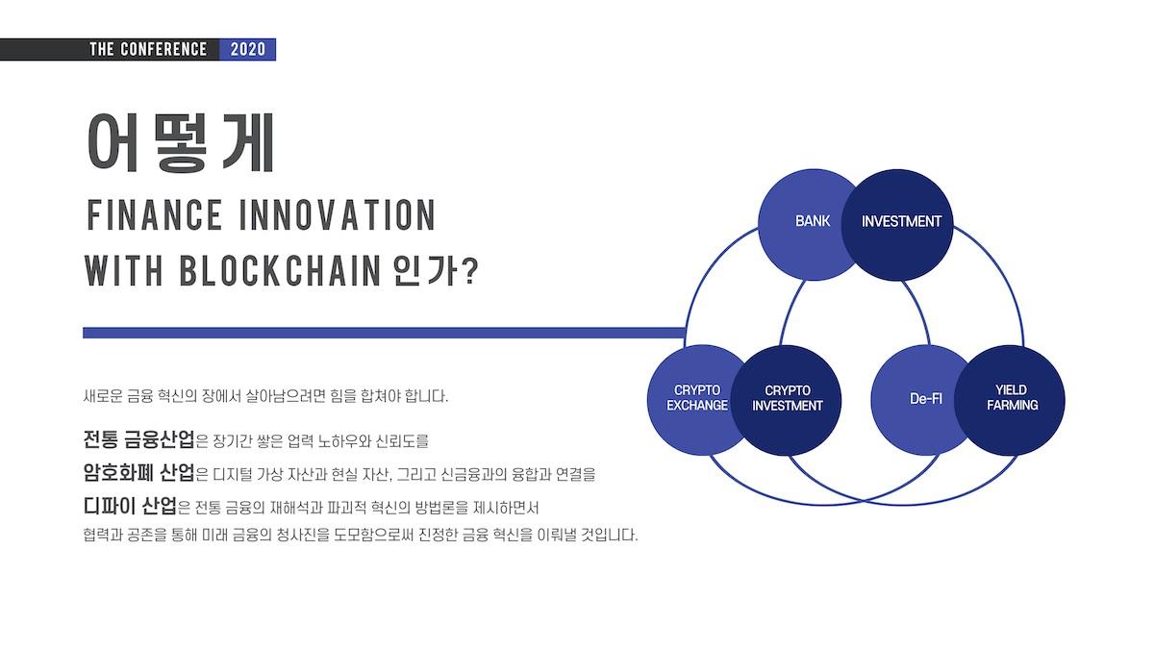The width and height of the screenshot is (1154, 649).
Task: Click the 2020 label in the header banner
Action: [248, 49]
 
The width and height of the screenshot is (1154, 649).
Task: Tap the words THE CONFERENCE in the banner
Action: [148, 49]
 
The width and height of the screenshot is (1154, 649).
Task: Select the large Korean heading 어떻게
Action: [181, 142]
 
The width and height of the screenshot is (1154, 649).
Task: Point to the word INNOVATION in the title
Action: [338, 214]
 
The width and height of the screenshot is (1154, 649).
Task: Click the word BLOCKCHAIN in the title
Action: [280, 270]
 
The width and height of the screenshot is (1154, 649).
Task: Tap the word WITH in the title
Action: [124, 270]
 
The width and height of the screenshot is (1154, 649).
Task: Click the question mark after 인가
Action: [470, 271]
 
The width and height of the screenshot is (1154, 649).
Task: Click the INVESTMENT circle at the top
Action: [897, 225]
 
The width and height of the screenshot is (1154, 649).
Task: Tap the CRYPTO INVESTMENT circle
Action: [787, 400]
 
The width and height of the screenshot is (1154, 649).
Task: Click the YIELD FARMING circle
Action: [1010, 400]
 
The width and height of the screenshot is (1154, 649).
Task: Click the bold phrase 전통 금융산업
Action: [138, 438]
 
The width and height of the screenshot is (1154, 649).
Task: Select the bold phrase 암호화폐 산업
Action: [138, 472]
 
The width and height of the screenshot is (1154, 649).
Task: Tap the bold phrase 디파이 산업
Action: [130, 506]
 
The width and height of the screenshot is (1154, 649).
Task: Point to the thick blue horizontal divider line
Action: [385, 333]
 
